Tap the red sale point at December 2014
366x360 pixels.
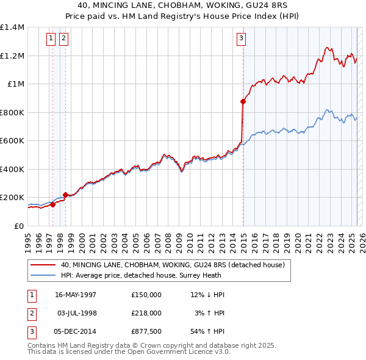pos(243,102)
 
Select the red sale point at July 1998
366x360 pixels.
pos(65,195)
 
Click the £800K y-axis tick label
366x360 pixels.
pos(12,112)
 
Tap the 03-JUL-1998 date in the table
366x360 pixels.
pos(77,313)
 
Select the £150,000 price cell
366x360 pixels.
pos(146,295)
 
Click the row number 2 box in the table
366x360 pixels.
pos(31,313)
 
